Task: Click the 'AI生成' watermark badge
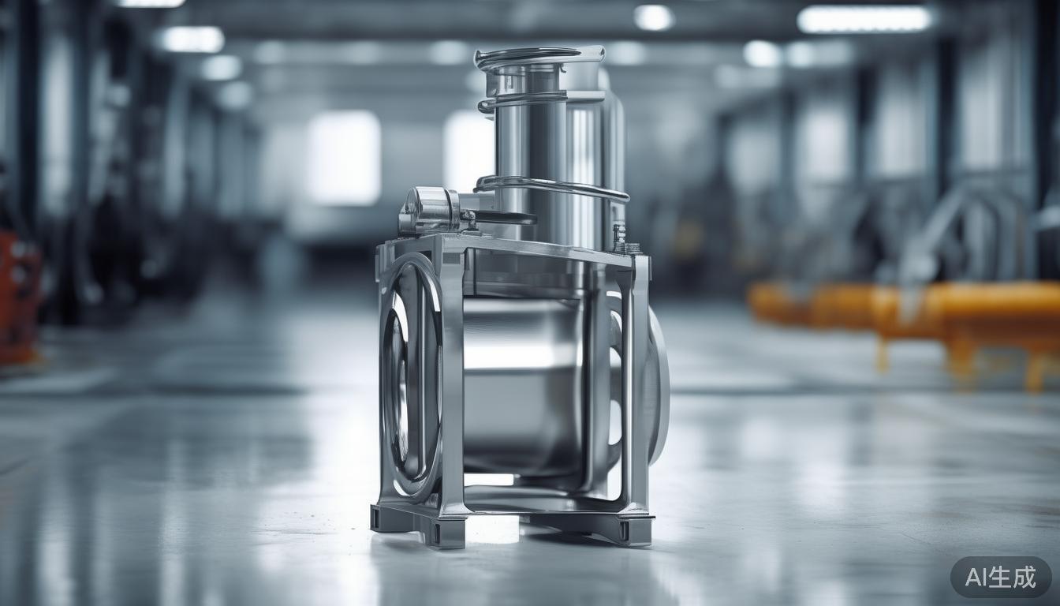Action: coord(1000,577)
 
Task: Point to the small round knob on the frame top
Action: coord(429,210)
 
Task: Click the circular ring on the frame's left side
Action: coord(409,379)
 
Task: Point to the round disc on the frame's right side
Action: coord(658,387)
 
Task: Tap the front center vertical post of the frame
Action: coord(451,379)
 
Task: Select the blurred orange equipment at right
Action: coord(907,312)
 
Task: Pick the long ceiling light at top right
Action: coord(864,20)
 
